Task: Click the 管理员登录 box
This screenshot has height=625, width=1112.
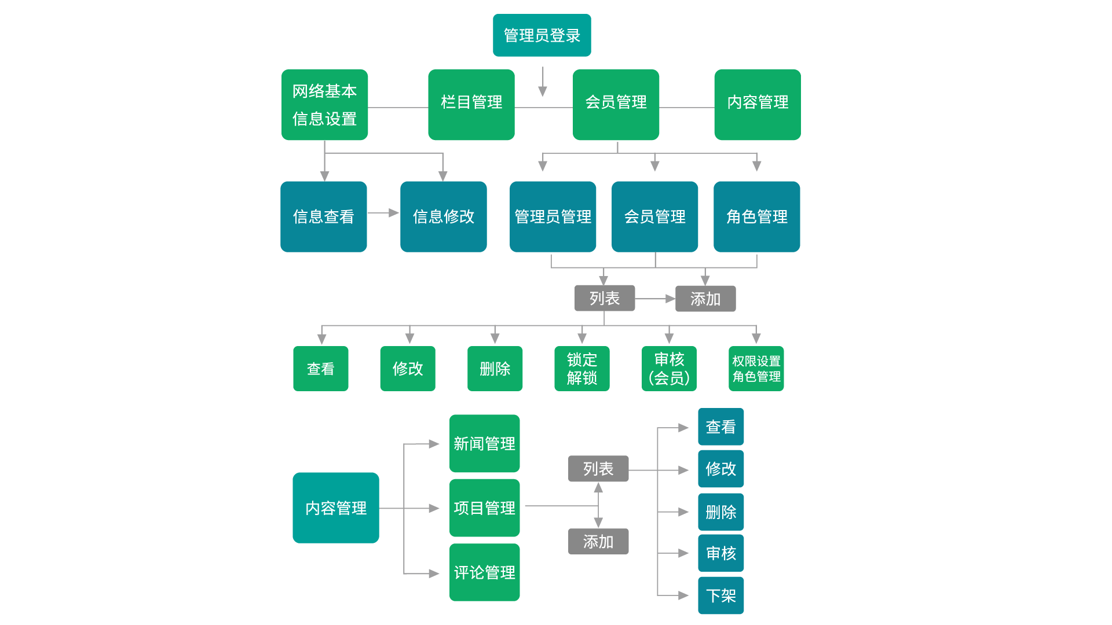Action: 542,35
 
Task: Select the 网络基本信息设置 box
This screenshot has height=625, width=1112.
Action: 324,105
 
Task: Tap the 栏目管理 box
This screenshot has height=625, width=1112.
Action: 471,105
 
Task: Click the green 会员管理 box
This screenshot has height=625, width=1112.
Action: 616,105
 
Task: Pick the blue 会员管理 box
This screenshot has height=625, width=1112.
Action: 654,217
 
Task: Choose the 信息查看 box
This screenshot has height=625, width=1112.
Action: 323,217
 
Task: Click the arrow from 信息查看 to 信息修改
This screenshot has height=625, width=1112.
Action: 383,213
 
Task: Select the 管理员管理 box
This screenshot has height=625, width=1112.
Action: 553,217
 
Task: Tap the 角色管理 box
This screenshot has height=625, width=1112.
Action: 756,217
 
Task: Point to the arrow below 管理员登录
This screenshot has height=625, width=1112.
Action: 543,81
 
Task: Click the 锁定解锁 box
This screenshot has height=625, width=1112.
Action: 581,369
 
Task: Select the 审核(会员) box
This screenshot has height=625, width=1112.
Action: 669,369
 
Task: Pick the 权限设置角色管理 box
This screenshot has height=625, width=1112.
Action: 756,369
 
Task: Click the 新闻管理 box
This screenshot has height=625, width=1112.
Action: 484,443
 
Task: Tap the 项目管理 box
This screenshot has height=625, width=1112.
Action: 484,508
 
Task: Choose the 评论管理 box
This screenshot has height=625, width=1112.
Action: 484,572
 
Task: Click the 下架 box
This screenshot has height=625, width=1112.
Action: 720,595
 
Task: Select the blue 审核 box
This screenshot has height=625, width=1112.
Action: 720,553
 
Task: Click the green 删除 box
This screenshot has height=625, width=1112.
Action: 495,369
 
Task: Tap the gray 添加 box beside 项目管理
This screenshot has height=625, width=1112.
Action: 598,542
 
